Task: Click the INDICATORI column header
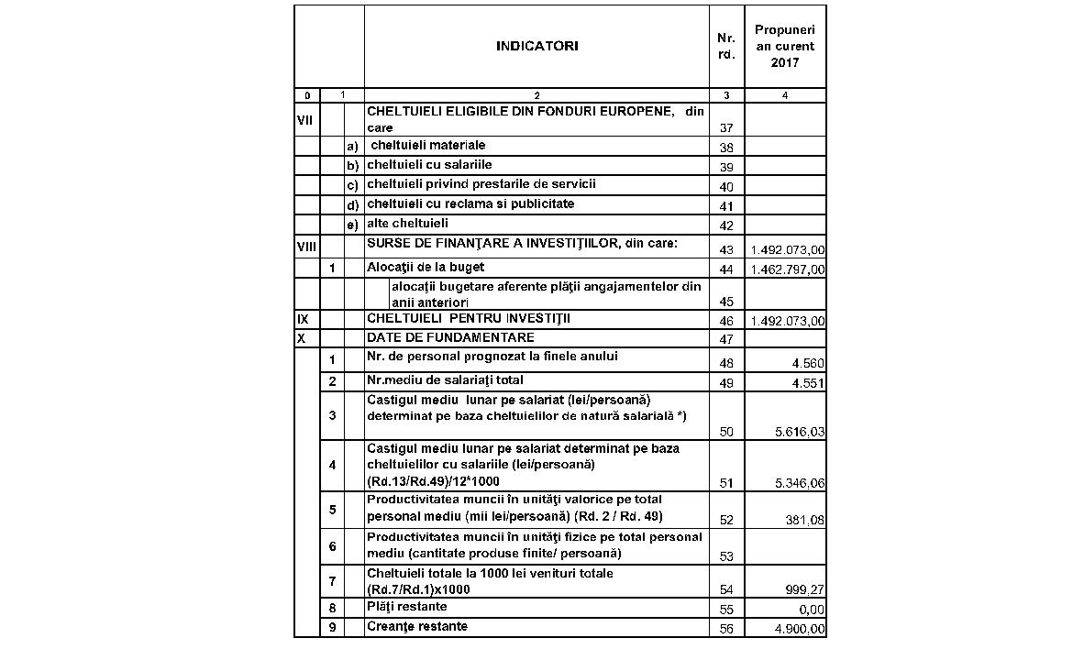coord(537,47)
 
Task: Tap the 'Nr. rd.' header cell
coord(726,47)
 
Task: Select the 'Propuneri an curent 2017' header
coord(785,47)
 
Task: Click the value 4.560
coord(808,364)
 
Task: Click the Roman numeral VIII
coord(306,247)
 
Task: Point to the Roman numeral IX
coord(302,319)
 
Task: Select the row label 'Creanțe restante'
coord(416,626)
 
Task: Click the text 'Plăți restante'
coord(407,606)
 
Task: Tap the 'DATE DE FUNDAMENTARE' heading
coord(437,337)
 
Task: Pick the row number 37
coord(726,127)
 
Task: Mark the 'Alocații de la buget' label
coord(426,267)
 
